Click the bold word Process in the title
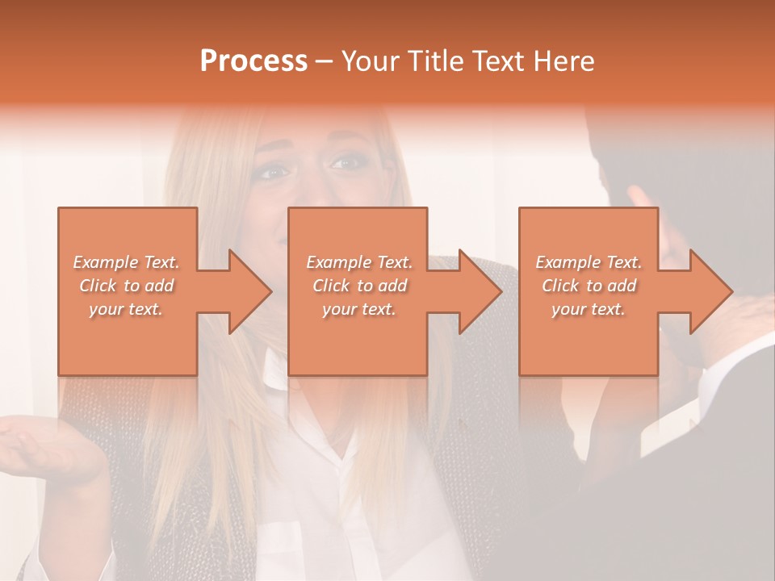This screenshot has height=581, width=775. pos(253,61)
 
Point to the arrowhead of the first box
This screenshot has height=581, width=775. pos(251,291)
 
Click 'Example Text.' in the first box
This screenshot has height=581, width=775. pos(126,262)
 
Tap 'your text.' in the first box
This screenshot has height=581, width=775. pos(126,309)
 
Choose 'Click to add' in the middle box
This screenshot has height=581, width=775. pos(358,286)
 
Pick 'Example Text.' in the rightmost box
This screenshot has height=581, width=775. pos(589,262)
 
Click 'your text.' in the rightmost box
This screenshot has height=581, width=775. pos(589,309)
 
